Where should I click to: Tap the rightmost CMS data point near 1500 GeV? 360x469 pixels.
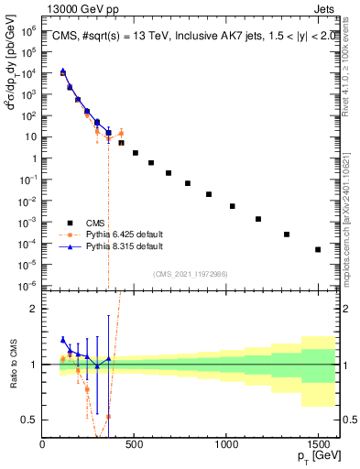(x=318, y=249)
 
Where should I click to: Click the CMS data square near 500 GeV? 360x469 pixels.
(x=136, y=153)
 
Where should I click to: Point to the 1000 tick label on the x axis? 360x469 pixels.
(x=226, y=443)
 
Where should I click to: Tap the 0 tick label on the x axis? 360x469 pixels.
(x=43, y=443)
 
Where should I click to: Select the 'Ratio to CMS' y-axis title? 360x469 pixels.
(x=12, y=364)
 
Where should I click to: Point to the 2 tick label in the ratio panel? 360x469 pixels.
(x=35, y=309)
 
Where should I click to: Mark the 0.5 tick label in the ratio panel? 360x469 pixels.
(x=31, y=420)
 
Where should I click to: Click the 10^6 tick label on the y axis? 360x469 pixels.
(x=29, y=30)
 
